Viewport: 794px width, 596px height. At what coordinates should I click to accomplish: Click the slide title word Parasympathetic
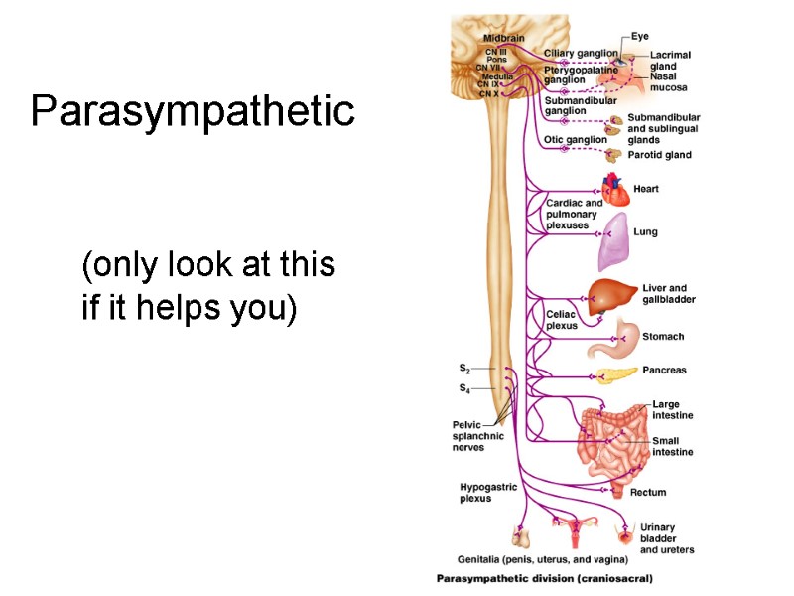(x=193, y=111)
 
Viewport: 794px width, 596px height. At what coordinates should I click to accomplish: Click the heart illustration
(x=615, y=189)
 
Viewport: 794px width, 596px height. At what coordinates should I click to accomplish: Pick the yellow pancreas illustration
(x=615, y=374)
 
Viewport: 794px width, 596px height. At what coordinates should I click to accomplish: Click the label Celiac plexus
(x=561, y=319)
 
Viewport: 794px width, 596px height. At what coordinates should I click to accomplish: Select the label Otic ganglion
(x=576, y=140)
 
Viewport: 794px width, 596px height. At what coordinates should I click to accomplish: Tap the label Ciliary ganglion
(x=581, y=53)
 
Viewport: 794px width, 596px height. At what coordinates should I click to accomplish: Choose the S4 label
(x=464, y=388)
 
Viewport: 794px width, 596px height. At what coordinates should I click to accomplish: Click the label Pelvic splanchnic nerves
(x=478, y=436)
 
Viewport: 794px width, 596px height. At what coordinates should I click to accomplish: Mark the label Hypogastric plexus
(x=483, y=492)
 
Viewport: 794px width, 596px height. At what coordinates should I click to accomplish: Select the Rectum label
(x=648, y=492)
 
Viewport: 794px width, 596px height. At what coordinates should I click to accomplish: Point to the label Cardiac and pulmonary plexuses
(x=574, y=214)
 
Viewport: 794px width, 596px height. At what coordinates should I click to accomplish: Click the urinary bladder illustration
(x=625, y=537)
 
